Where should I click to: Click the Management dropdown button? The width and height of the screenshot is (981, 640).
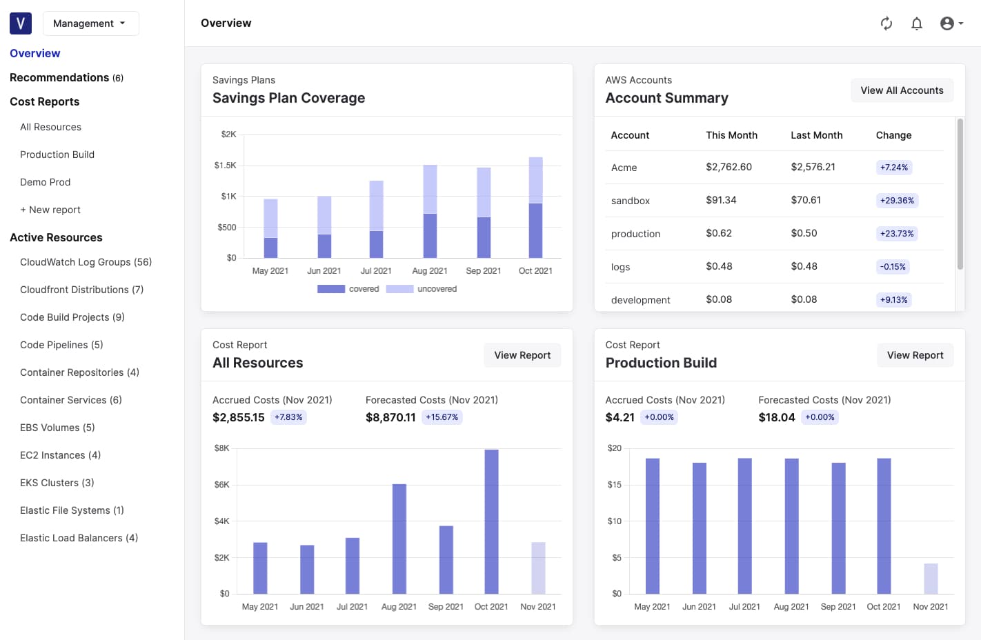pyautogui.click(x=90, y=23)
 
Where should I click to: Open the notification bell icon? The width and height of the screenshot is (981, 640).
pyautogui.click(x=916, y=23)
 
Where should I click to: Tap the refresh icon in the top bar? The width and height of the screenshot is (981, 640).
pyautogui.click(x=886, y=23)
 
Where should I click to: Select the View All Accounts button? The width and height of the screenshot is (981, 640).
pyautogui.click(x=902, y=90)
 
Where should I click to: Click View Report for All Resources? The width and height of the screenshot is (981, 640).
pyautogui.click(x=522, y=355)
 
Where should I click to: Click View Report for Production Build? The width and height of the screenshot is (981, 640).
pyautogui.click(x=915, y=355)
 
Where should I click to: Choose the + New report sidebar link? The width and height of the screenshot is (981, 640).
pyautogui.click(x=50, y=210)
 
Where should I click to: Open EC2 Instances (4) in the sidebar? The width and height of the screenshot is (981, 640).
pyautogui.click(x=60, y=455)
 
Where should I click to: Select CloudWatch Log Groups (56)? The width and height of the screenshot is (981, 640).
pyautogui.click(x=86, y=262)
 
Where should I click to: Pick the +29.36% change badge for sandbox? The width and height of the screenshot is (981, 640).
pyautogui.click(x=897, y=201)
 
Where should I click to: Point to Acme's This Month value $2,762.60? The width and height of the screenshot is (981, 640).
pyautogui.click(x=729, y=167)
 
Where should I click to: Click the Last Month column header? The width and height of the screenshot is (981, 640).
pyautogui.click(x=816, y=135)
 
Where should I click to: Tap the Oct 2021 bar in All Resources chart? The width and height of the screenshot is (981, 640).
pyautogui.click(x=491, y=521)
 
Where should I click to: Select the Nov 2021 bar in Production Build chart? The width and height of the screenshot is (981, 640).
pyautogui.click(x=931, y=579)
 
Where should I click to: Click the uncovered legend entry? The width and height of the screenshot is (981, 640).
pyautogui.click(x=422, y=289)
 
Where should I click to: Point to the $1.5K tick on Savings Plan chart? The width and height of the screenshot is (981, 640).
pyautogui.click(x=225, y=166)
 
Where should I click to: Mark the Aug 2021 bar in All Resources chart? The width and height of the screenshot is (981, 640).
pyautogui.click(x=399, y=539)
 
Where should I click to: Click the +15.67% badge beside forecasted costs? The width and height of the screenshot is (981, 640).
pyautogui.click(x=442, y=417)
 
